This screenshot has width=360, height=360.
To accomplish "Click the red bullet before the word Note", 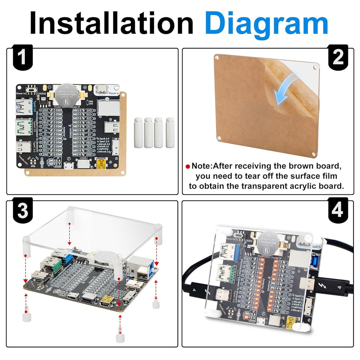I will click(188, 167).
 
